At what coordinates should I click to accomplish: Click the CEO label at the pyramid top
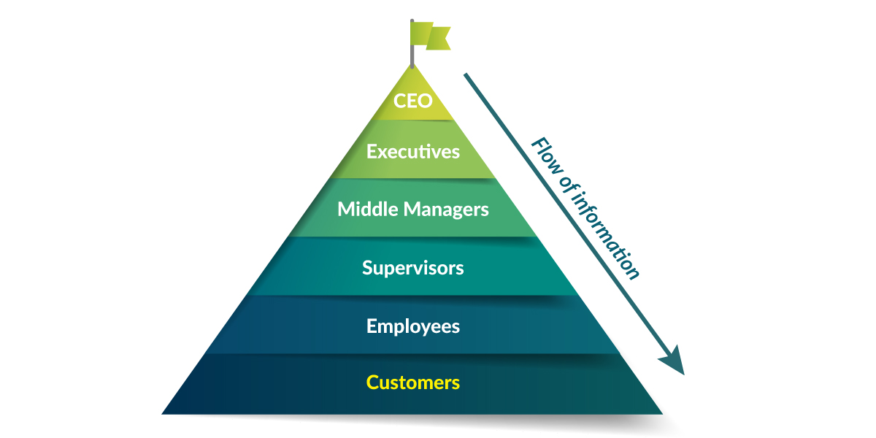(x=413, y=101)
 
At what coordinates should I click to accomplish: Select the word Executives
(x=413, y=151)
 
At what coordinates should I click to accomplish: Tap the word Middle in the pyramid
(x=368, y=209)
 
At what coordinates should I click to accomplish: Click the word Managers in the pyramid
(x=446, y=210)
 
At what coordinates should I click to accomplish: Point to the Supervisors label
(x=413, y=269)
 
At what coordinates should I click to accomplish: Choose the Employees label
(x=413, y=326)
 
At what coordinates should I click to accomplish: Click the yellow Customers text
(x=413, y=383)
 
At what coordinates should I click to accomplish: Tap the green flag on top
(x=431, y=36)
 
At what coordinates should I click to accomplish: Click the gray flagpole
(x=412, y=44)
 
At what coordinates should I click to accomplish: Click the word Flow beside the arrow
(x=548, y=157)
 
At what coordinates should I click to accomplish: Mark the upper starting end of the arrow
(x=466, y=74)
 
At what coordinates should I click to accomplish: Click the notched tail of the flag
(x=439, y=38)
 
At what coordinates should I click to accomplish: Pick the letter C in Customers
(x=373, y=383)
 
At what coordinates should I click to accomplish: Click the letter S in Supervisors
(x=369, y=268)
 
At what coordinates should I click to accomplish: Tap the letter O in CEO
(x=424, y=101)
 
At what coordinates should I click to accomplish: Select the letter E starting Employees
(x=372, y=326)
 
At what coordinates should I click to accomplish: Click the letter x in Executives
(x=384, y=153)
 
